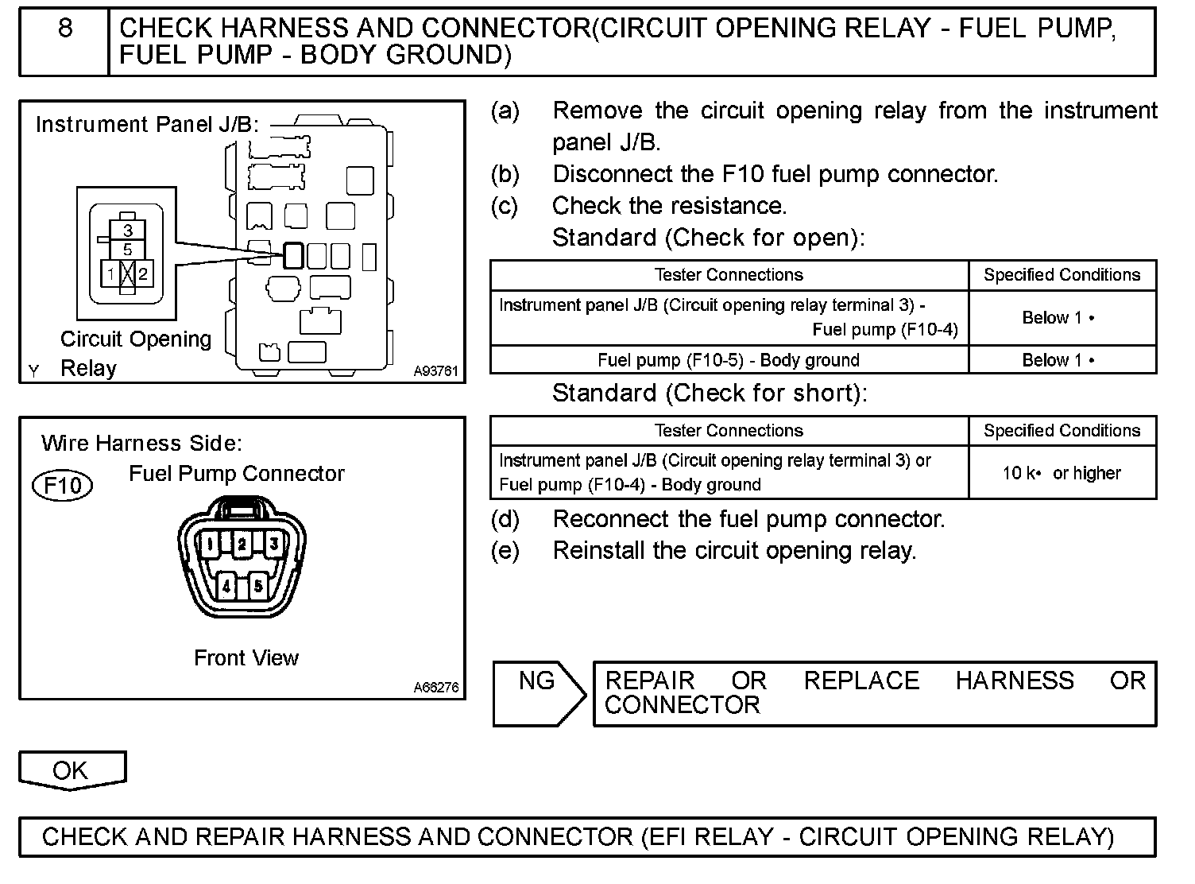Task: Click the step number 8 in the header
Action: pyautogui.click(x=65, y=29)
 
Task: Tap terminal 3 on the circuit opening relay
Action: pyautogui.click(x=128, y=231)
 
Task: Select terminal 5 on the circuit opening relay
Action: pyautogui.click(x=128, y=250)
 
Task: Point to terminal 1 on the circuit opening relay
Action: pyautogui.click(x=111, y=274)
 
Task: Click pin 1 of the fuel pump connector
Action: pyautogui.click(x=209, y=545)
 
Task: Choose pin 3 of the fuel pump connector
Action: pyautogui.click(x=273, y=545)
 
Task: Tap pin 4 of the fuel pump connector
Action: pyautogui.click(x=227, y=587)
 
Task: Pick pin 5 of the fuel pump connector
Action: pyautogui.click(x=258, y=587)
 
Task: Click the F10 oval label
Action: pyautogui.click(x=62, y=485)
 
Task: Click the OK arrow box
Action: pyautogui.click(x=72, y=770)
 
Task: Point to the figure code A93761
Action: pyautogui.click(x=436, y=371)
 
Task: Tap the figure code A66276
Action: pyautogui.click(x=436, y=688)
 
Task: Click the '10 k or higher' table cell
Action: pyautogui.click(x=1062, y=473)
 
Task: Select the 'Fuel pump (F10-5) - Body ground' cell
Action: pyautogui.click(x=729, y=360)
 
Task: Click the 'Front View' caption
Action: pyautogui.click(x=246, y=658)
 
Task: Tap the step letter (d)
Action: pyautogui.click(x=505, y=520)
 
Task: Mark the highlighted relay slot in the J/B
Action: pyautogui.click(x=293, y=255)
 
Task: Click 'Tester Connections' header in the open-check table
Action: pyautogui.click(x=729, y=275)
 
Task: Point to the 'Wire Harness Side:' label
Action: pyautogui.click(x=141, y=443)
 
